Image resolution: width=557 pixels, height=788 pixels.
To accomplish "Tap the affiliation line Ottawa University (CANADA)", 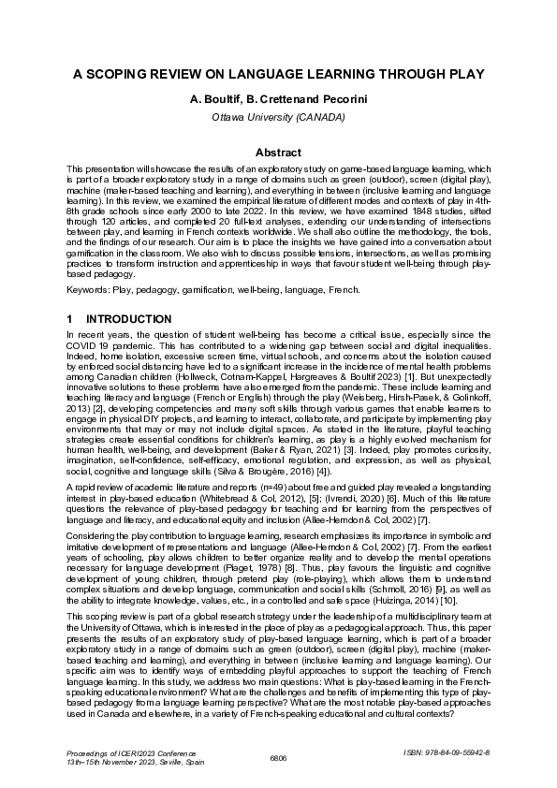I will [278, 117].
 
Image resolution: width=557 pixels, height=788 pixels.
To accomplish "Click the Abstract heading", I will [278, 153].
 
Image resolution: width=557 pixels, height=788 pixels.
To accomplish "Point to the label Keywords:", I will [89, 291].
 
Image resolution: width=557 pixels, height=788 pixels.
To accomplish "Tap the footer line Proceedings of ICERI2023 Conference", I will [125, 752].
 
